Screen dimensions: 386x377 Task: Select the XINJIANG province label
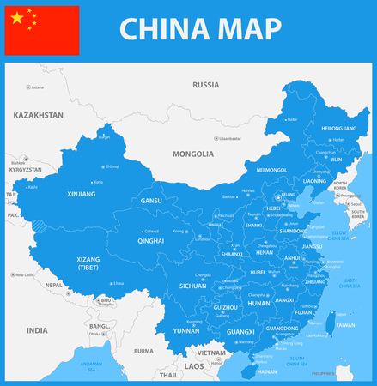(82, 195)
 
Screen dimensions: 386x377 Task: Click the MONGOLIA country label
(193, 154)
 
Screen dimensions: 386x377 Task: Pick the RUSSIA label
(205, 85)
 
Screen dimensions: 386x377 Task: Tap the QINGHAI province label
(150, 242)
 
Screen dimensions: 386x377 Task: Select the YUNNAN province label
(185, 329)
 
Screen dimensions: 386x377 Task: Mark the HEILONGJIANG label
(337, 128)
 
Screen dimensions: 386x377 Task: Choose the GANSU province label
(151, 201)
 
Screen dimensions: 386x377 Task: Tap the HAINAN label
(267, 372)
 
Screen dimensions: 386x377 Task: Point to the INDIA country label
(37, 329)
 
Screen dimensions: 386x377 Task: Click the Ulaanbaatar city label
(230, 138)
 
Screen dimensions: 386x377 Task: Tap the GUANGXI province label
(241, 331)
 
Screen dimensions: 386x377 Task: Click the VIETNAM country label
(211, 353)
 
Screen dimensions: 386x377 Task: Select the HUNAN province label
(259, 302)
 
